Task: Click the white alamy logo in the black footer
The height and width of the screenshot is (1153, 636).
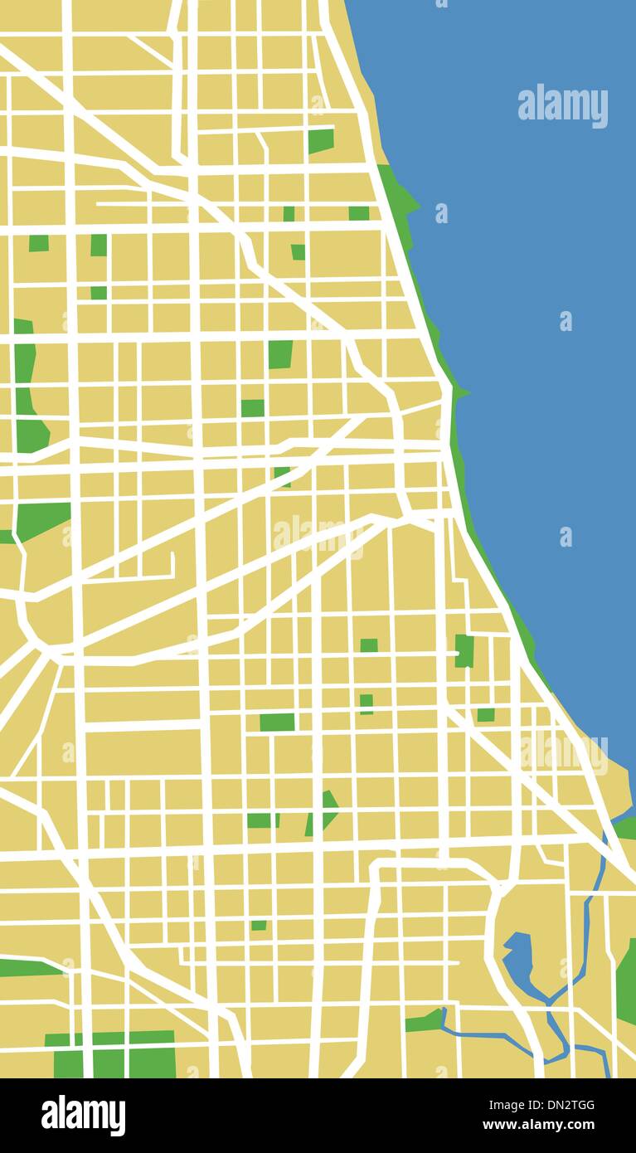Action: [83, 1115]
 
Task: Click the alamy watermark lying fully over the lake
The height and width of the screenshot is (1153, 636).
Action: [562, 106]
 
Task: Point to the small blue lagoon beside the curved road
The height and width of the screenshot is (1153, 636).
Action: [518, 958]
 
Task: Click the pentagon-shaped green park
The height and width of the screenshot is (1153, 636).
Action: [322, 812]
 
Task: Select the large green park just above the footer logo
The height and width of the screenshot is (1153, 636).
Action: [112, 1054]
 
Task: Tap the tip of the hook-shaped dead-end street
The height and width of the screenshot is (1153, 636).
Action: [172, 555]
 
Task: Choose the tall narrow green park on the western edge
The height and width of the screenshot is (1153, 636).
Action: [27, 386]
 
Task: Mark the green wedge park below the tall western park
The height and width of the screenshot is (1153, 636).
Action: [41, 518]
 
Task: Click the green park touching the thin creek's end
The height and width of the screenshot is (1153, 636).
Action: [425, 1020]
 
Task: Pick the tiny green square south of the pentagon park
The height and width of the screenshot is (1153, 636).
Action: [259, 925]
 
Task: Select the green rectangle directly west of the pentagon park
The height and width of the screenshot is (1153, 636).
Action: [262, 820]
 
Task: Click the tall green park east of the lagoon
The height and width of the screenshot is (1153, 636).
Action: [627, 983]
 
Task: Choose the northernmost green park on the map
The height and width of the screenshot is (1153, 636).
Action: [320, 141]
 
